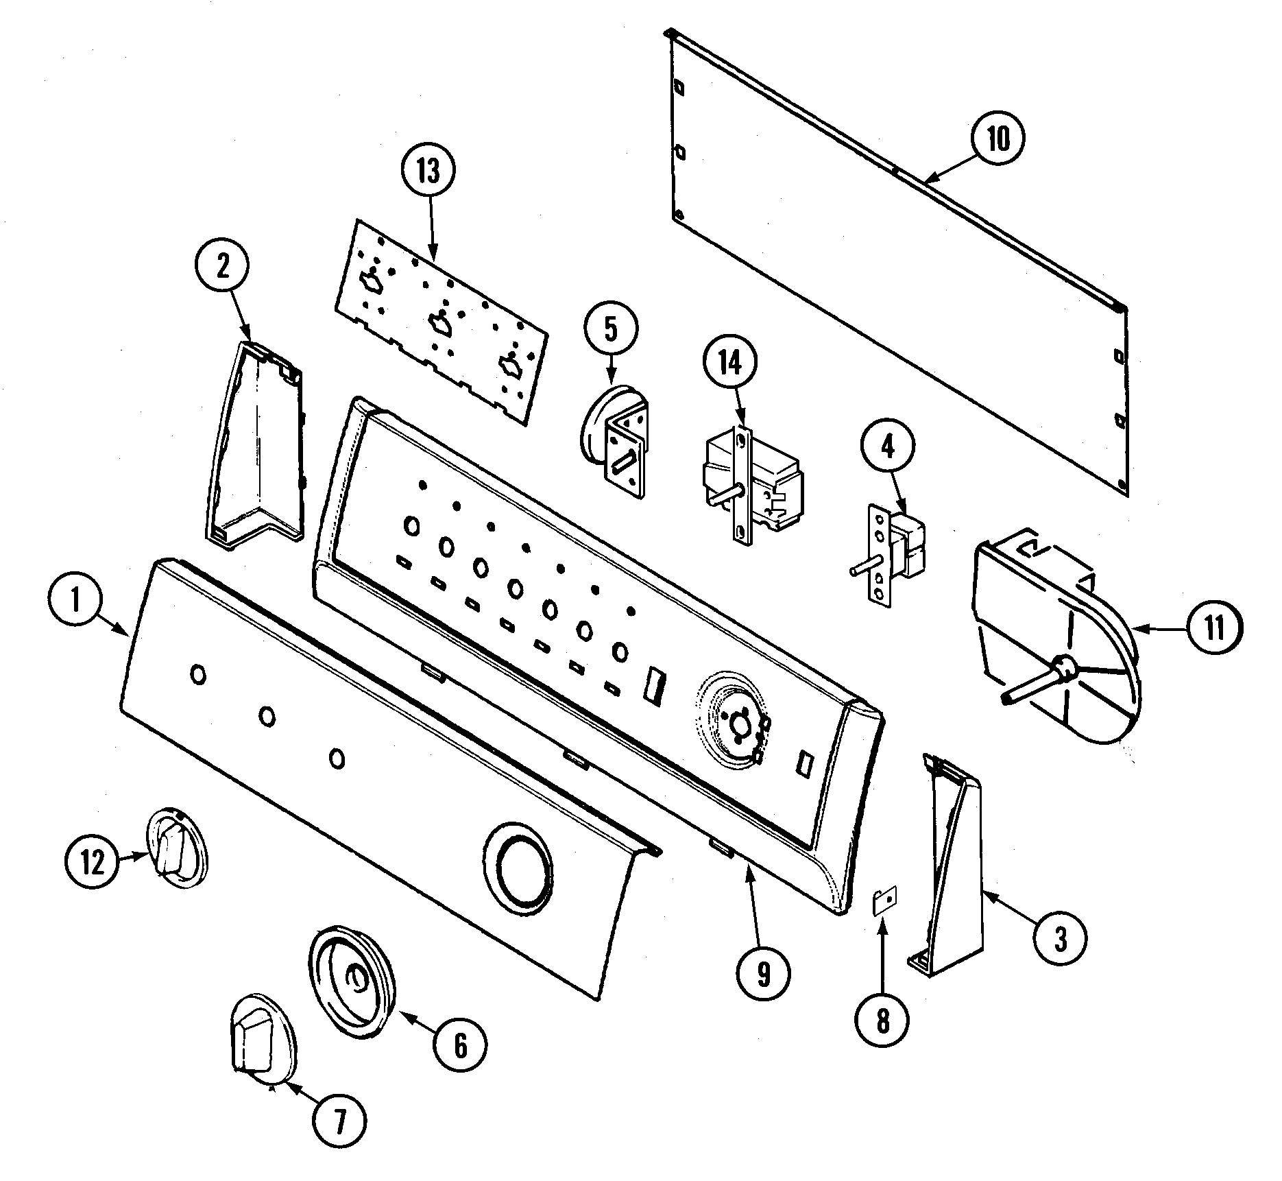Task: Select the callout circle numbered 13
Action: [x=429, y=171]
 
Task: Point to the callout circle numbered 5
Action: [x=611, y=329]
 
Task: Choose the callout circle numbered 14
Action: [x=731, y=363]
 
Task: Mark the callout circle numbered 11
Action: [x=1213, y=628]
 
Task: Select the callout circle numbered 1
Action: [x=75, y=604]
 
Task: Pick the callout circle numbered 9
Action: [x=764, y=975]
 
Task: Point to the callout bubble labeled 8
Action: [x=882, y=1021]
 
